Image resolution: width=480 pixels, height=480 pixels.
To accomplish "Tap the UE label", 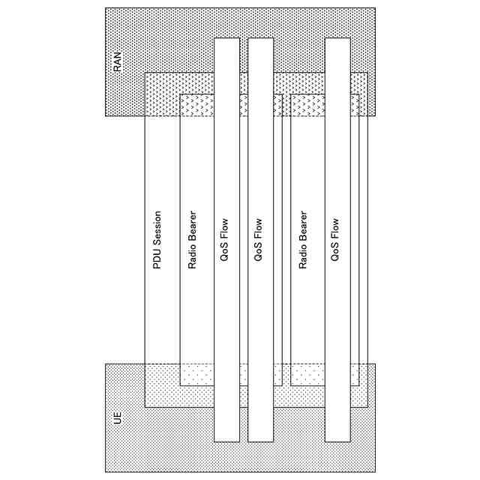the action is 117,417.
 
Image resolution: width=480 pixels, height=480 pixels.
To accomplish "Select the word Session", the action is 157,226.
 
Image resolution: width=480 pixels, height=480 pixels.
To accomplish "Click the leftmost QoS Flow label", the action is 226,240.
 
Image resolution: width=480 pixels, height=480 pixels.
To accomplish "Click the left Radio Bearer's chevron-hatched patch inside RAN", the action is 196,105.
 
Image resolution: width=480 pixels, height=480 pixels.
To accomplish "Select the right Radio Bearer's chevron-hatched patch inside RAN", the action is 307,105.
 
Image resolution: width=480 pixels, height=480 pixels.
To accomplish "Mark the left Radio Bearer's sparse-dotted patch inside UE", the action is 196,374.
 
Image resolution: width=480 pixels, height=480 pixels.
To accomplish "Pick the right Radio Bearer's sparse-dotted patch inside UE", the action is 307,374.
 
